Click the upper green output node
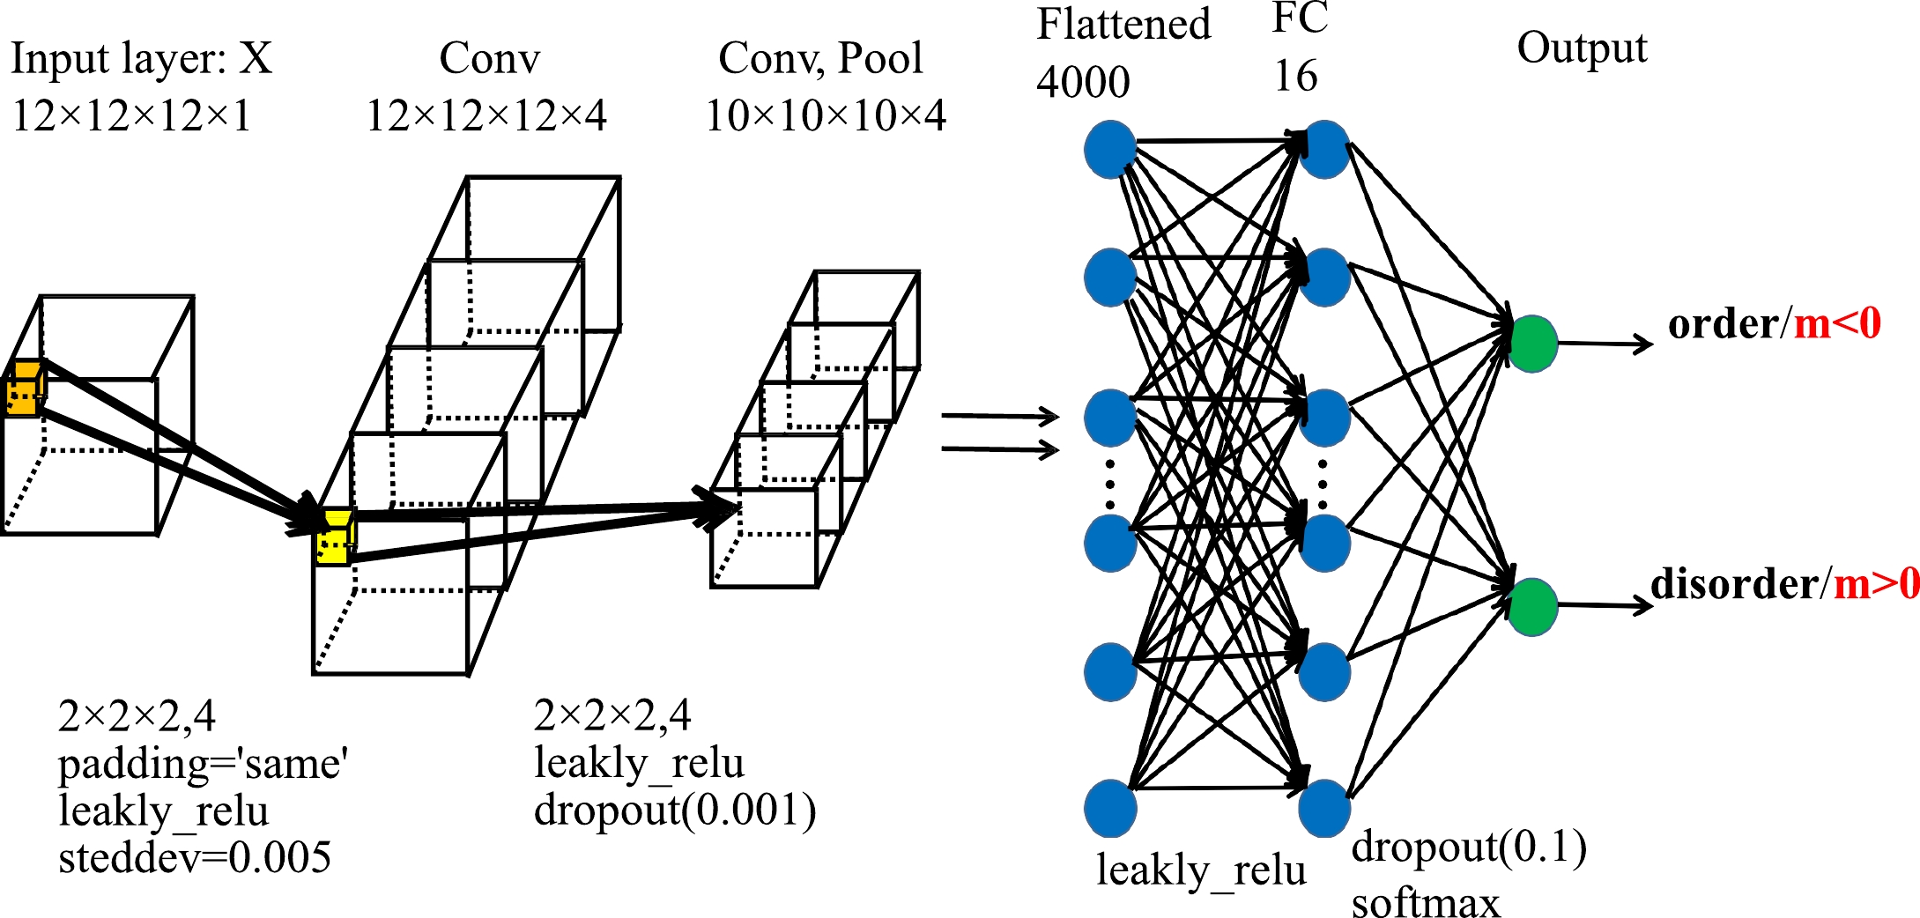1533,344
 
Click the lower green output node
1532,606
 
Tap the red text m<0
1837,324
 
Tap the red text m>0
1876,584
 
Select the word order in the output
1723,324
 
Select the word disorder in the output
1733,584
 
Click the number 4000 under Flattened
1083,83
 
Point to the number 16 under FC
1295,77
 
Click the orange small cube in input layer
25,388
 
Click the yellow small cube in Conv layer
335,537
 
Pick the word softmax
1425,902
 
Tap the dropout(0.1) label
1469,848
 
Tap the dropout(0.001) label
674,811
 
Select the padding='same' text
203,764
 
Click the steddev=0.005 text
194,858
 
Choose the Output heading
1581,48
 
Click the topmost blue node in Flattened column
1109,150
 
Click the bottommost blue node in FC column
1324,808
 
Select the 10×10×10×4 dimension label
826,116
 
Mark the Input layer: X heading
141,59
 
